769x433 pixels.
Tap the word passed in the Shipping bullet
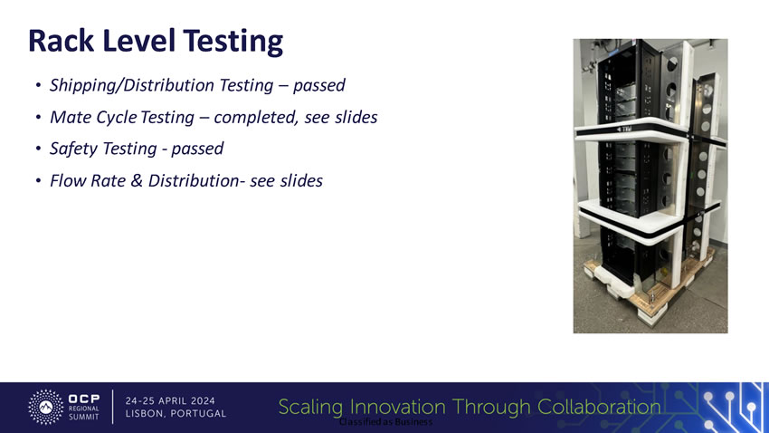[319, 85]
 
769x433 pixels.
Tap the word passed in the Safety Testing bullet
[197, 149]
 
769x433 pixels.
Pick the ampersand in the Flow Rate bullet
[137, 180]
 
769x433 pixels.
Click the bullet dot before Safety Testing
[38, 149]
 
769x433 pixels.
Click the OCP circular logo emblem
[45, 407]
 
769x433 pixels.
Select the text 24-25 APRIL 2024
[170, 400]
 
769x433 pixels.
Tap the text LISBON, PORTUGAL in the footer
[176, 413]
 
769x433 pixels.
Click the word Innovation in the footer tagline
[398, 407]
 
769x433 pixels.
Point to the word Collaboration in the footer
[599, 407]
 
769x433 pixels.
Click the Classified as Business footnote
[386, 422]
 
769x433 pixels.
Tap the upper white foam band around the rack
[638, 131]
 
